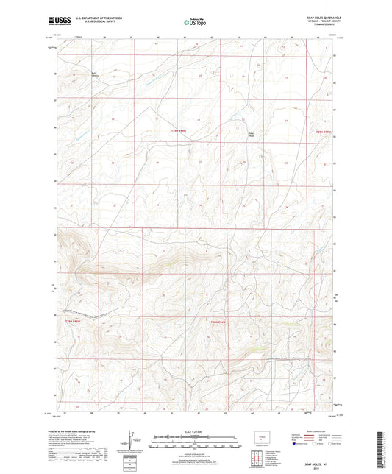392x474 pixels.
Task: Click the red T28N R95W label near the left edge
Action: pos(71,322)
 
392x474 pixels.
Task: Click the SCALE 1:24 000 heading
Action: pos(195,431)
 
